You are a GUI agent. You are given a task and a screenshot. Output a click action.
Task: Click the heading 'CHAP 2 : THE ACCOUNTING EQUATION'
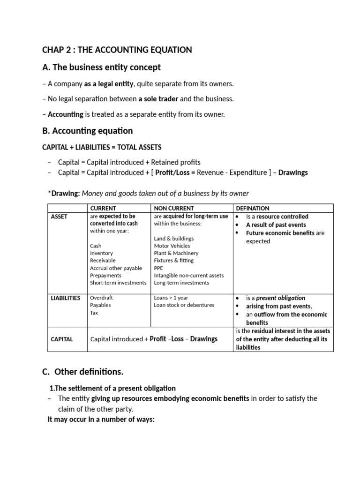coord(117,50)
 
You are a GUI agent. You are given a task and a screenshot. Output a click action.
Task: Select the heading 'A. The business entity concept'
coord(101,67)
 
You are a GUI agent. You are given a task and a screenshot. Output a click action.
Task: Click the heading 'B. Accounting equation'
coord(87,131)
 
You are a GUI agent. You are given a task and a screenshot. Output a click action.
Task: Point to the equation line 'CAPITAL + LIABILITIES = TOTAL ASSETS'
coord(102,147)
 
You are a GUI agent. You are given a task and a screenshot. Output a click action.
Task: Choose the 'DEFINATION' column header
coord(252,208)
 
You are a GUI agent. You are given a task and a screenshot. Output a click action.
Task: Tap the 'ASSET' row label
coord(59,217)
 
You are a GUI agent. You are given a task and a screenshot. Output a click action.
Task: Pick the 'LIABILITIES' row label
coord(66,298)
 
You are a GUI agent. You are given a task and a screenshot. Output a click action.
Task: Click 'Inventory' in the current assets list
coord(101,253)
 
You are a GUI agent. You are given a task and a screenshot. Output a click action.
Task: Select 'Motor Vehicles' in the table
coord(172,246)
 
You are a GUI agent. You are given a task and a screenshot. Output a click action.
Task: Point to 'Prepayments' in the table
coord(105,276)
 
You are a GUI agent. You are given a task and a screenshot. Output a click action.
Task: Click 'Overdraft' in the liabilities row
coord(101,298)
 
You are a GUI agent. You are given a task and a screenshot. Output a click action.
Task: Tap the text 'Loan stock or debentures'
coord(184,305)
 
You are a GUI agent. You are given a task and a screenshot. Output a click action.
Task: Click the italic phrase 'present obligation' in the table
coord(280,298)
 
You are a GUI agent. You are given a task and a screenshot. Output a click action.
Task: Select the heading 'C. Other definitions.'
coord(82,372)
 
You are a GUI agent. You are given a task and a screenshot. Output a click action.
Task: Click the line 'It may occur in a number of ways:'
coord(101,420)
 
